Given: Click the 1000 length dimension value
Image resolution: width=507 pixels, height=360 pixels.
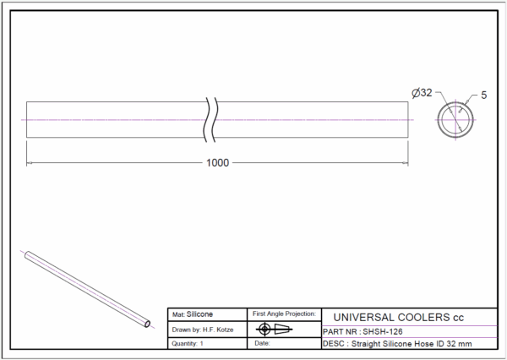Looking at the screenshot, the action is point(217,163).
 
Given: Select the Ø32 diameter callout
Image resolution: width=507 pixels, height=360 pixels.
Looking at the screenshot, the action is point(422,93).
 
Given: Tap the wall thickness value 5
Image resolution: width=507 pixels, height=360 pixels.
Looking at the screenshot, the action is point(483,95).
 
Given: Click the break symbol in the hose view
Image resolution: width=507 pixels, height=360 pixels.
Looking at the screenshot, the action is point(210,120).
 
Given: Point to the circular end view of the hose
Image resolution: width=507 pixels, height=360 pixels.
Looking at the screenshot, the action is point(455,102).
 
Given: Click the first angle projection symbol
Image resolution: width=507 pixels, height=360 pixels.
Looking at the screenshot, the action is point(274,330).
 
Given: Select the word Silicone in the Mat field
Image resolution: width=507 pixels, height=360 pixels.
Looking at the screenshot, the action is point(199,314).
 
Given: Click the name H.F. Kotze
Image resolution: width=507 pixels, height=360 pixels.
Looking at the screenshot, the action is point(218,330).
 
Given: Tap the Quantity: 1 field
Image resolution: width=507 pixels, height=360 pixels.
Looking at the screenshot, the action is point(188,343).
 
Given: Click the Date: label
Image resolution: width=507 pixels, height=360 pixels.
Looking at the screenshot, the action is point(262,343).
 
